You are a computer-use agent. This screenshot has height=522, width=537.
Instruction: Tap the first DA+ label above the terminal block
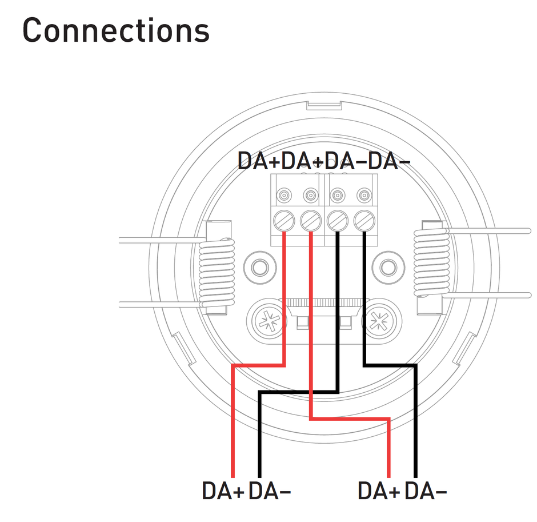coord(259,161)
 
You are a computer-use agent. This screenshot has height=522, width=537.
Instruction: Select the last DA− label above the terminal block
coord(389,161)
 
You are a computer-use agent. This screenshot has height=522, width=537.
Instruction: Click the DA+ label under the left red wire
coord(223,491)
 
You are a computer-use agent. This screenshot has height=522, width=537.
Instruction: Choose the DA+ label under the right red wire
coord(379,491)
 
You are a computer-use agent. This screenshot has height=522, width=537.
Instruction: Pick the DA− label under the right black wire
coord(426,491)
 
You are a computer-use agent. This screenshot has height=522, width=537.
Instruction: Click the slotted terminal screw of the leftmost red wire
coord(284,220)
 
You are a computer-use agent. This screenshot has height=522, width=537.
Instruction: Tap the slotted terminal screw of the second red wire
coord(310,220)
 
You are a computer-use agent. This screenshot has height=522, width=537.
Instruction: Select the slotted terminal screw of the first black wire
coord(338,220)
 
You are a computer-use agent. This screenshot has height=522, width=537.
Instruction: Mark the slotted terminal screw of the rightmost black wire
coord(364,220)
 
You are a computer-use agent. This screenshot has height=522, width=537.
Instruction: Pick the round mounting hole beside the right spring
coord(388,267)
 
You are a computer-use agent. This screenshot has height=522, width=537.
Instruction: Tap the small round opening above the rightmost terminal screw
coord(364,196)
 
